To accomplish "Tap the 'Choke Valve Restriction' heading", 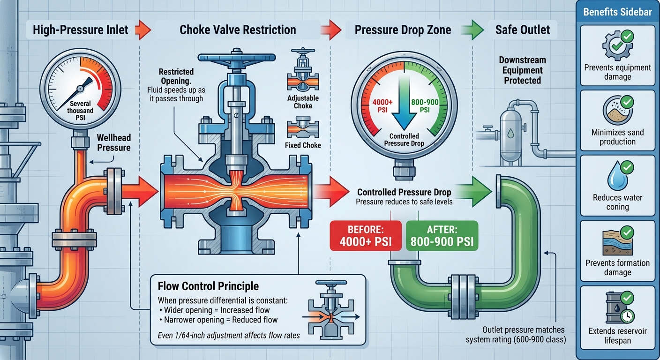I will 238,30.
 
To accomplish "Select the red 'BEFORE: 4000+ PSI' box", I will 366,235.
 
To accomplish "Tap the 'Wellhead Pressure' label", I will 113,143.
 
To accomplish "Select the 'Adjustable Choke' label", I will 303,102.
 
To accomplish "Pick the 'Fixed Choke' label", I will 303,145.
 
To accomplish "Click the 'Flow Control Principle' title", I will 208,286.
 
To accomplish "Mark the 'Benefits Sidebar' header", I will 617,12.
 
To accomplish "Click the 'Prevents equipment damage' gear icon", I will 614,47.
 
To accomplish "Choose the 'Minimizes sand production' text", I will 617,137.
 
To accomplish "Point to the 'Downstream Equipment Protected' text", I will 523,70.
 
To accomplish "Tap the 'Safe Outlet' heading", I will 523,30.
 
